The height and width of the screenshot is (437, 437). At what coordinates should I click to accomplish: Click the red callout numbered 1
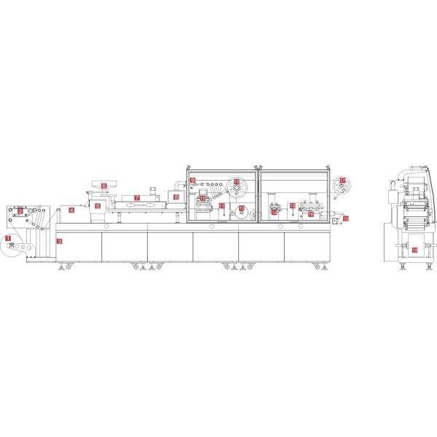coord(8,238)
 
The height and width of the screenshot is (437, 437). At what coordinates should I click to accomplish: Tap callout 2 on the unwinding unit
coord(20,211)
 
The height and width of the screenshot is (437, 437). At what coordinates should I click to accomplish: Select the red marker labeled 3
coord(60,240)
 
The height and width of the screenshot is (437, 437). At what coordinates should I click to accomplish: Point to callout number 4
coord(71,210)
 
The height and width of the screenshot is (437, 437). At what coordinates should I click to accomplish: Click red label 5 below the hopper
coord(98,206)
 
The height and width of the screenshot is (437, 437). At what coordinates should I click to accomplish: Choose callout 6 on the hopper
coord(104,186)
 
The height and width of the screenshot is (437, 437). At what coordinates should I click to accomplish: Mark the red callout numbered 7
coord(136,198)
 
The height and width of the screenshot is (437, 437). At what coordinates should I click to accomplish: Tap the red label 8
coord(176,197)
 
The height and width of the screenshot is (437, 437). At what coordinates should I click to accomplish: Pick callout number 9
coord(193,180)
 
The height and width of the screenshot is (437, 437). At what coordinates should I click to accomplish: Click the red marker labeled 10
coord(202,198)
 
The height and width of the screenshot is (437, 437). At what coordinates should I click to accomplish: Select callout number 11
coord(221,206)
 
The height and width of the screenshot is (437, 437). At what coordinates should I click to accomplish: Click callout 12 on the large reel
coord(236,182)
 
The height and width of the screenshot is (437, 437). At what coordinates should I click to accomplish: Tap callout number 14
coord(274,213)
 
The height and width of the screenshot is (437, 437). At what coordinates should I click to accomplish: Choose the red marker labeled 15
coord(292,206)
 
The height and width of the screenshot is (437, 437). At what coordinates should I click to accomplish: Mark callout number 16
coord(311,214)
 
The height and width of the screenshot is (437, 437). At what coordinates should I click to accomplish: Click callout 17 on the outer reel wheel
coord(342,180)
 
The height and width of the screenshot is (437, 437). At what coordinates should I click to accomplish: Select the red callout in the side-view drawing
coord(414,250)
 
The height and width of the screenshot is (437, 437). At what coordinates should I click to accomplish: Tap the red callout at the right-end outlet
coord(345,219)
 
